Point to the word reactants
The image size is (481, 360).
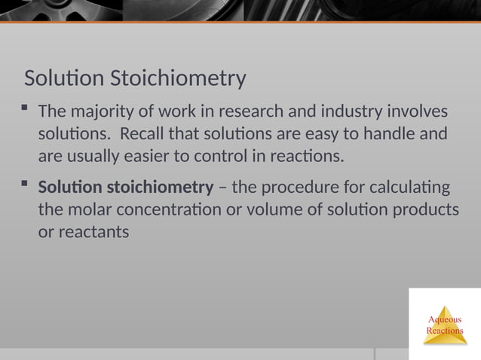pyautogui.click(x=84, y=231)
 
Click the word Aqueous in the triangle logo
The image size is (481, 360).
pyautogui.click(x=445, y=320)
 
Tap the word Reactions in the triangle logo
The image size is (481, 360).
pyautogui.click(x=445, y=331)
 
